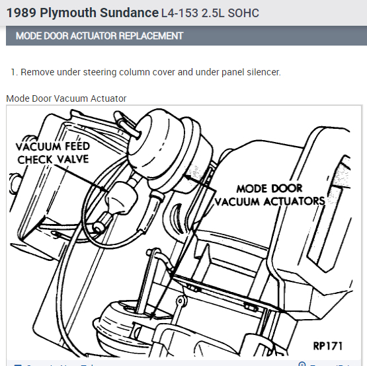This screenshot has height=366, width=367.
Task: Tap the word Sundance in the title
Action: click(126, 13)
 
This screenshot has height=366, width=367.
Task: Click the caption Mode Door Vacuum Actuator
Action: click(66, 98)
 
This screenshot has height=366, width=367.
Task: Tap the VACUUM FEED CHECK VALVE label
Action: click(53, 153)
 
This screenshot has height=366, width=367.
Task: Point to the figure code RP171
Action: click(329, 346)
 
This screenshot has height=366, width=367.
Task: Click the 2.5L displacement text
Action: click(211, 13)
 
